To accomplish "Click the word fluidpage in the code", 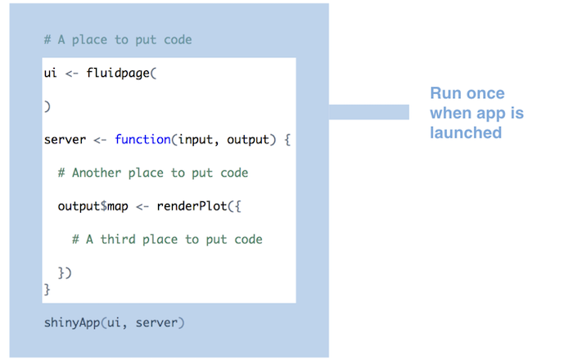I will click(x=119, y=74).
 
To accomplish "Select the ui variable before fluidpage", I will click(x=50, y=74).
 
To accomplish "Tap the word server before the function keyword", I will click(x=65, y=140).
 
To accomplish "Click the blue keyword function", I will click(x=142, y=140).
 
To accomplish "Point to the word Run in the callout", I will click(x=445, y=94).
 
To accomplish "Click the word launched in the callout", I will click(x=466, y=133).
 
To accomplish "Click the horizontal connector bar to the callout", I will click(x=368, y=112).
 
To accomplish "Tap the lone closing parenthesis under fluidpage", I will click(x=47, y=107).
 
